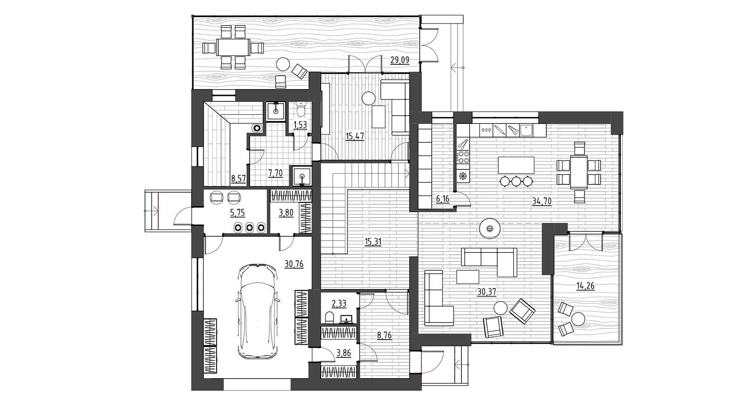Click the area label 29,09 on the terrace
tap(400, 60)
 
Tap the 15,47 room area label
tap(355, 136)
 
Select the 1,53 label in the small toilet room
tap(300, 125)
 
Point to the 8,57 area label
tap(239, 179)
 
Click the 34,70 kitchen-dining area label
tap(542, 201)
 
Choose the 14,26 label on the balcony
tap(585, 286)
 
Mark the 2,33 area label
tap(339, 304)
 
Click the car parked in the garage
tap(257, 312)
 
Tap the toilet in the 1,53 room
tap(300, 110)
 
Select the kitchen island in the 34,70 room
tap(516, 165)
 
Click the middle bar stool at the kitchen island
tap(516, 181)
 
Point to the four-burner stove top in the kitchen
tap(463, 157)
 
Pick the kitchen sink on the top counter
tap(526, 130)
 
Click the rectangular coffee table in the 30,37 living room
tap(468, 277)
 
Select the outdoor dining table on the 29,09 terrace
tap(234, 48)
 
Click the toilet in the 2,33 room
tap(329, 318)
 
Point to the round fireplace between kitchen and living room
tap(490, 228)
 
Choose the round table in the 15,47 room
tap(369, 98)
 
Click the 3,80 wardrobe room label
tap(286, 213)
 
